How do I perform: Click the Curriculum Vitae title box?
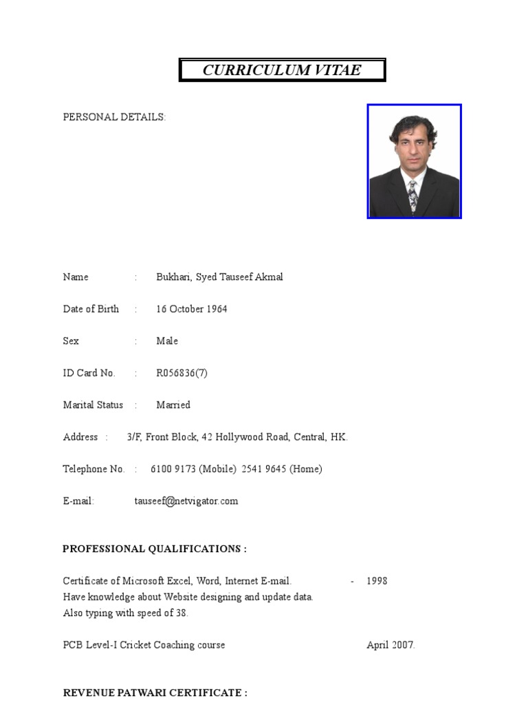(x=282, y=70)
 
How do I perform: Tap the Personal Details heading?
(x=114, y=117)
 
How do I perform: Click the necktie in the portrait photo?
(x=412, y=196)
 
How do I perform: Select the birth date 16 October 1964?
(x=191, y=309)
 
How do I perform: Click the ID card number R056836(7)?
(x=181, y=373)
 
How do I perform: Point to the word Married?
(x=173, y=405)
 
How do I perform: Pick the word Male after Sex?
(x=167, y=341)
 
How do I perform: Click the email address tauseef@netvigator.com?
(x=186, y=501)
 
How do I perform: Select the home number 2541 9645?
(x=264, y=469)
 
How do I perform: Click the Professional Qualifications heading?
(x=155, y=549)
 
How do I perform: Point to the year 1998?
(x=377, y=581)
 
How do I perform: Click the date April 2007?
(x=390, y=645)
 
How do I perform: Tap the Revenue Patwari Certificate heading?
(x=155, y=693)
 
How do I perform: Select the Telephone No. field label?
(x=93, y=469)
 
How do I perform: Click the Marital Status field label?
(x=93, y=405)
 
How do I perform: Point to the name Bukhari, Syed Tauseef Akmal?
(x=219, y=277)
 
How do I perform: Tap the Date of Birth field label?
(x=91, y=309)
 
